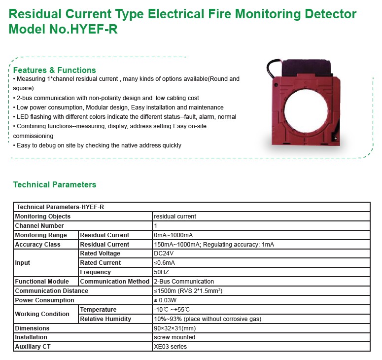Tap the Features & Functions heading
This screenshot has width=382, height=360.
click(54, 70)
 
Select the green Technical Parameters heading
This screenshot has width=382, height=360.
click(54, 185)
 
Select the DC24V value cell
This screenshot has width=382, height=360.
click(165, 253)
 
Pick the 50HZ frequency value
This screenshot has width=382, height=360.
click(162, 272)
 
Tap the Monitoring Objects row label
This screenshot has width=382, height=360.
click(43, 216)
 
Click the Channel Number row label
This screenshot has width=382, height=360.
click(39, 226)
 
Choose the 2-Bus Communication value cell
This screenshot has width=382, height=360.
click(184, 282)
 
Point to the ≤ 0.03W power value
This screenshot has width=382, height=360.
click(165, 300)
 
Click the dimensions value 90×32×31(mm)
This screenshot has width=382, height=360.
click(175, 328)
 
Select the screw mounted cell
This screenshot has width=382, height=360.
click(174, 337)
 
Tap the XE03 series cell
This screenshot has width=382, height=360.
click(171, 347)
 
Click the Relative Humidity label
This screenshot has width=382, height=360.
click(105, 319)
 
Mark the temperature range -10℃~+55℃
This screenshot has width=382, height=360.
click(171, 310)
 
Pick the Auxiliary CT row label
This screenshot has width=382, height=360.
click(33, 347)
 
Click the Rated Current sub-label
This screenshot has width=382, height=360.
click(101, 263)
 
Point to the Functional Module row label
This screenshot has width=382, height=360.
click(42, 282)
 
